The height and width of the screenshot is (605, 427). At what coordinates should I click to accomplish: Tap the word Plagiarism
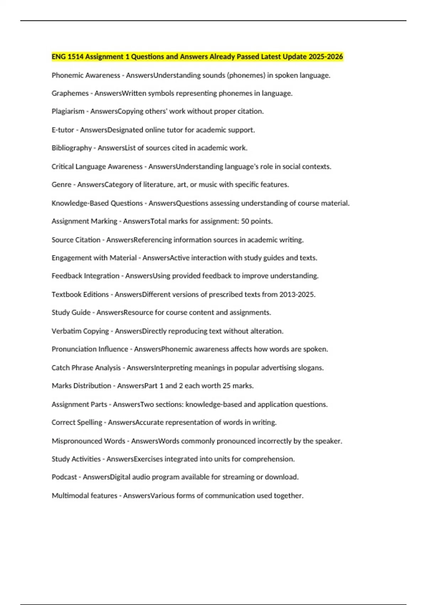(68, 111)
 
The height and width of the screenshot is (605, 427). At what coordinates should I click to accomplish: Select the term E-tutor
(63, 130)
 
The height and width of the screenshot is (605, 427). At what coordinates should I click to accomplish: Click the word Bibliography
(72, 148)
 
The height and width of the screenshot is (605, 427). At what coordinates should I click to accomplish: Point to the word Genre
(62, 185)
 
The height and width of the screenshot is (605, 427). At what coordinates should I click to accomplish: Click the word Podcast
(64, 477)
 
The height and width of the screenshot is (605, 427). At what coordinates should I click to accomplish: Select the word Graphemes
(70, 93)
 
